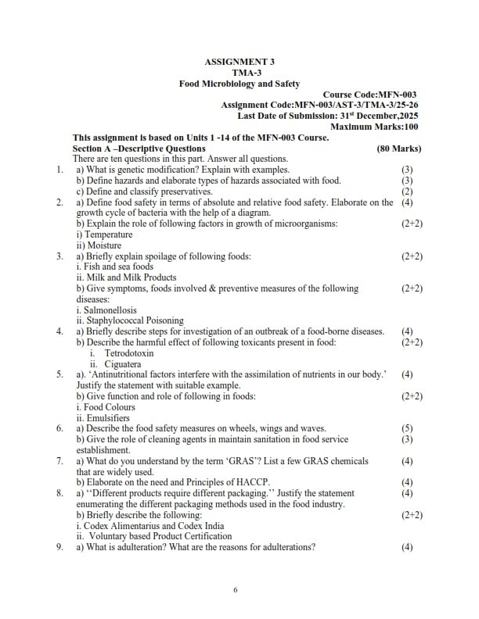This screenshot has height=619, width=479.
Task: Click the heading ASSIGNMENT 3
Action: pos(239,61)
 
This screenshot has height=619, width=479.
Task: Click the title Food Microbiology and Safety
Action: pos(239,84)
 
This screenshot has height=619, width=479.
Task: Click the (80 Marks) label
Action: pos(398,148)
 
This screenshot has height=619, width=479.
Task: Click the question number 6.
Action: pos(59,429)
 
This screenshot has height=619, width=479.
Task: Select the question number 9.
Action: pos(59,547)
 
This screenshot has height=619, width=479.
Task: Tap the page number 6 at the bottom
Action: pos(235,589)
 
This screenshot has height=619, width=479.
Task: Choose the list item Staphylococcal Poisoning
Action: pos(119,320)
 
